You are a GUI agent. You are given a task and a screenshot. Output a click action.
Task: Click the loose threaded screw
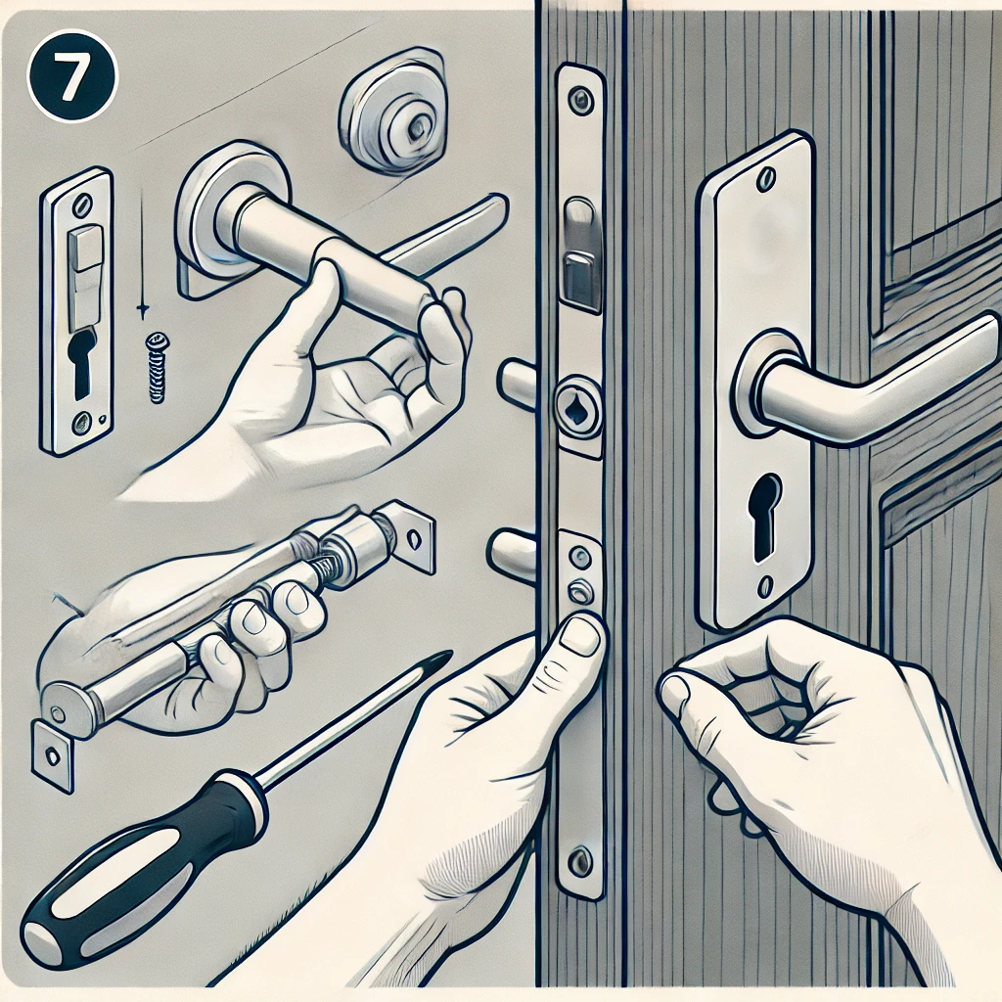point(156,367)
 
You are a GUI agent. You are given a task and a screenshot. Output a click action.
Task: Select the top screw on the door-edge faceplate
point(581,100)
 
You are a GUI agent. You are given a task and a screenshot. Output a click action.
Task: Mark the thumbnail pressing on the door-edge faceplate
point(583,637)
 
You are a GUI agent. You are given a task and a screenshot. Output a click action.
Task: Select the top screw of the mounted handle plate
point(767,179)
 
